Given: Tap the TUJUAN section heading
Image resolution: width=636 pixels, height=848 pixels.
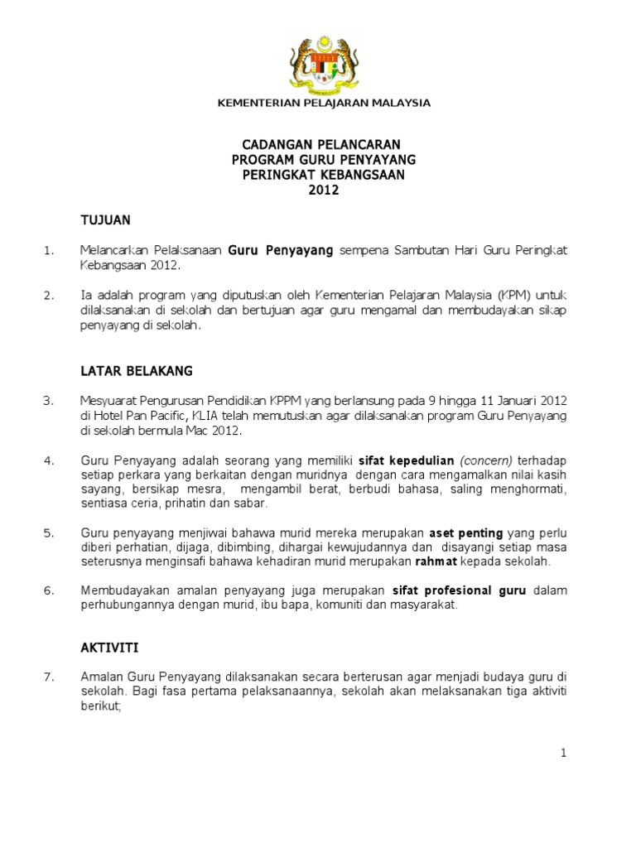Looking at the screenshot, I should pos(105,220).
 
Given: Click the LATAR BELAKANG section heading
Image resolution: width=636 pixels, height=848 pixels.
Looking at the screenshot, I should pos(136,369).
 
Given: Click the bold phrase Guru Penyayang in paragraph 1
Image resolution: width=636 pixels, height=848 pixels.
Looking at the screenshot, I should pos(280,250).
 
